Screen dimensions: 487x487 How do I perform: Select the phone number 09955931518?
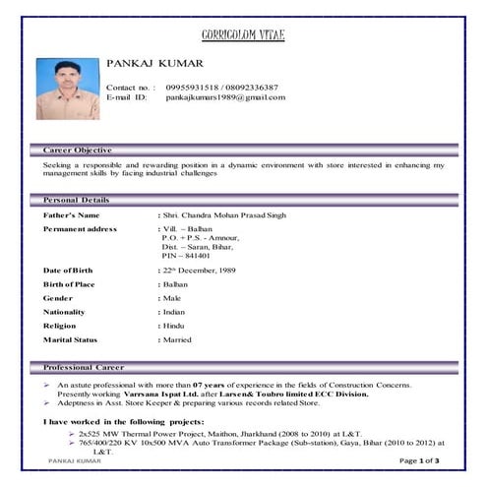192,88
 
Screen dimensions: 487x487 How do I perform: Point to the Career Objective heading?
78,149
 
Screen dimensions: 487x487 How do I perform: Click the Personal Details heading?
77,200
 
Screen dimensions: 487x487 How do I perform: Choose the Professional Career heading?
84,367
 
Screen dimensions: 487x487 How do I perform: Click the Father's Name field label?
72,214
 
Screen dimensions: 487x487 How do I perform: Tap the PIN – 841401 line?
186,255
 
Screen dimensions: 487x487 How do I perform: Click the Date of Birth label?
68,270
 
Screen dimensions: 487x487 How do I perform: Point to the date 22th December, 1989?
201,270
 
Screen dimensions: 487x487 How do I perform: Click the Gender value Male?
172,297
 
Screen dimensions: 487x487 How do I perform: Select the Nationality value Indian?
174,311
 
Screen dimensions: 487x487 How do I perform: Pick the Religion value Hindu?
173,325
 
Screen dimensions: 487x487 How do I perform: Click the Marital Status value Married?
177,338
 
